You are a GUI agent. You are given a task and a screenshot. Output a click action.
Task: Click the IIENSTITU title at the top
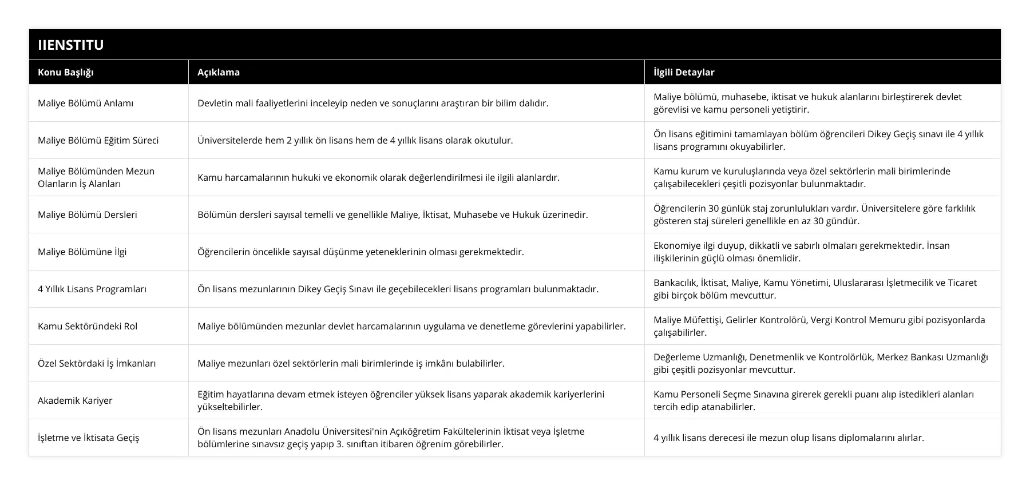point(71,45)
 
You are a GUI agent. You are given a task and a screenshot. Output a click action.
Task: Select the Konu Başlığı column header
point(66,72)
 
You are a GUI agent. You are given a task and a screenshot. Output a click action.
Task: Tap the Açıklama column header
point(219,72)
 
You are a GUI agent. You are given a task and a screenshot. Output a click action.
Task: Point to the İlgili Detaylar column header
point(684,72)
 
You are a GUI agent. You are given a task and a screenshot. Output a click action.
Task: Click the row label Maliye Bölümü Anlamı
point(86,103)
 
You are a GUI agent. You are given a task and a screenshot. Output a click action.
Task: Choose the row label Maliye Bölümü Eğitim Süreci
point(98,140)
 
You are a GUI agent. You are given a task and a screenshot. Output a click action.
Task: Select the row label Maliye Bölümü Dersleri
point(88,214)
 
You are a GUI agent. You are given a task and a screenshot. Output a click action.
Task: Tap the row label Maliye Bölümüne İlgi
point(82,252)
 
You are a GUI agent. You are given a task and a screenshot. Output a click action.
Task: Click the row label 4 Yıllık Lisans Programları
point(92,289)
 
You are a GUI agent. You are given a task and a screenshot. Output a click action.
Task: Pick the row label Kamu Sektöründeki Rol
point(88,326)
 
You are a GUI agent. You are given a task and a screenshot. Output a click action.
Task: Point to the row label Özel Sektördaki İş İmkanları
point(97,363)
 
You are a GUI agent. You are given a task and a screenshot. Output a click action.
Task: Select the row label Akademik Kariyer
point(75,400)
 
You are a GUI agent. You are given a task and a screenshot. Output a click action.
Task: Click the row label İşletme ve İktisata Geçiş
point(89,438)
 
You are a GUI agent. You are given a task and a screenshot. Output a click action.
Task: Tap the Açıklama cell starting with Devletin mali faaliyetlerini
point(373,103)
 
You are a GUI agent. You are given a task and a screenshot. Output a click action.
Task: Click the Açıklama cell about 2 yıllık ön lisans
point(355,140)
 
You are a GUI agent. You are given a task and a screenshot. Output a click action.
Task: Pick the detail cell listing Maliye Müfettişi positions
point(819,326)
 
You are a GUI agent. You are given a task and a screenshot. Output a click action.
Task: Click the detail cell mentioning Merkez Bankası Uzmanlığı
point(821,363)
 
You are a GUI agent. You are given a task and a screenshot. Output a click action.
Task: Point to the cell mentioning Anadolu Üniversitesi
point(391,438)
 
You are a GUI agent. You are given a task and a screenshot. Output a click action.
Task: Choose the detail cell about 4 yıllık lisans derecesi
point(789,438)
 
